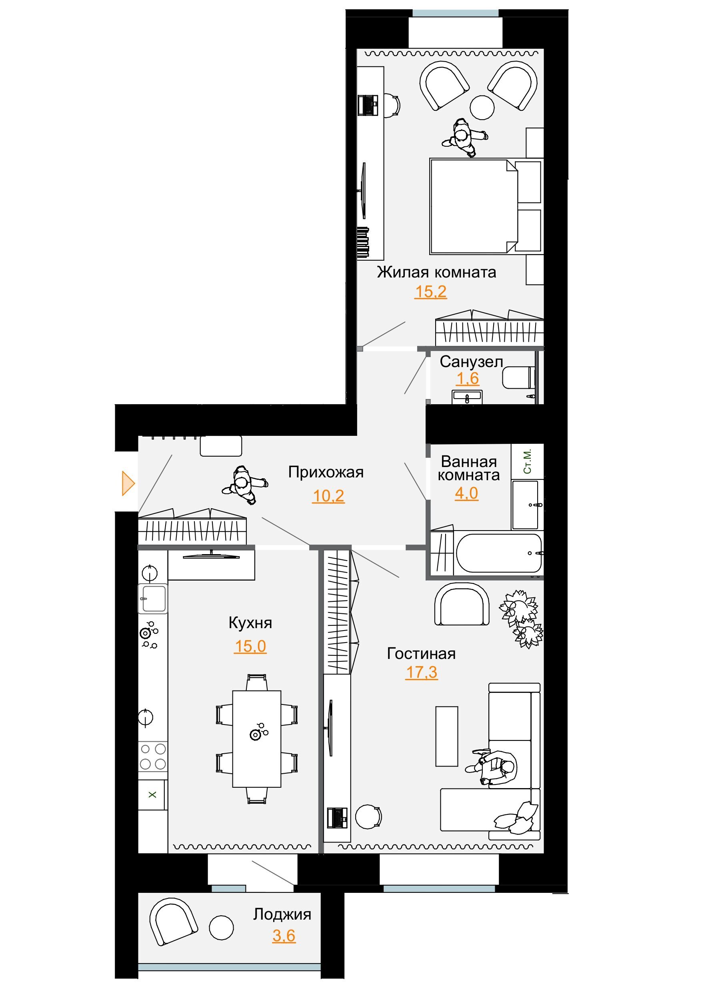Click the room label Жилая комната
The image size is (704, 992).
tap(436, 272)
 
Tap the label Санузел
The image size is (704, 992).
tap(471, 361)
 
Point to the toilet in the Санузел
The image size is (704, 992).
tap(519, 377)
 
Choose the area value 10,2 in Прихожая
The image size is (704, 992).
tap(328, 495)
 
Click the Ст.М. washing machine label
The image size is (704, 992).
tap(527, 461)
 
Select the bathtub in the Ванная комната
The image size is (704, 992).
tap(499, 553)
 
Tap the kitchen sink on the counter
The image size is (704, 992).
tap(152, 599)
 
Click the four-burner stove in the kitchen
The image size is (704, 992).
tap(152, 756)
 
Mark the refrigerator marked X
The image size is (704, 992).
tap(152, 794)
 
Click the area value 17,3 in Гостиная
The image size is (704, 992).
tap(421, 672)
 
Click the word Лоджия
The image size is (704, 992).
tap(282, 914)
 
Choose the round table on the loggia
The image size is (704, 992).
tap(221, 928)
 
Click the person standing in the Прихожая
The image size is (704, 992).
tap(244, 485)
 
